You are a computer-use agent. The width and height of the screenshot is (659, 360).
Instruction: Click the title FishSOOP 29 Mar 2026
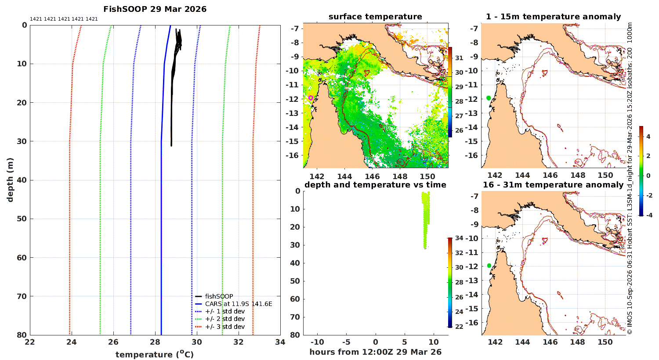coord(155,9)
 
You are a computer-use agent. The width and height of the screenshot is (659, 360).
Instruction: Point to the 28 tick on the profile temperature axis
coord(155,342)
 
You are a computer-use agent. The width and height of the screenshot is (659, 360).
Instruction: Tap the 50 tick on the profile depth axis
coord(22,219)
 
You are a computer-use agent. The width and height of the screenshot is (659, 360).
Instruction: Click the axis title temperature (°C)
coord(155,354)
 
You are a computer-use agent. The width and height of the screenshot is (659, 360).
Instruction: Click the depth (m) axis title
coord(10,180)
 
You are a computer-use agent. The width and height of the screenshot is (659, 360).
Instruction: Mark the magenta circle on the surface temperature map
coord(311,97)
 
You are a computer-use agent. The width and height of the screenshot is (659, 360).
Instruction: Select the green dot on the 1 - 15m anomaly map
coord(489,98)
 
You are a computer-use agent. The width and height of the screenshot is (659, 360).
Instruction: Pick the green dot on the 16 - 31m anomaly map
coord(489,266)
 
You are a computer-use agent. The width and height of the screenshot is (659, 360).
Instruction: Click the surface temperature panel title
coord(375,17)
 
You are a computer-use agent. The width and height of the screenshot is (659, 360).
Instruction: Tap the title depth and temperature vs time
coord(375,184)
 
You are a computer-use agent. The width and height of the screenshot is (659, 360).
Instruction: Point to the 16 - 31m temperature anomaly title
coord(553,184)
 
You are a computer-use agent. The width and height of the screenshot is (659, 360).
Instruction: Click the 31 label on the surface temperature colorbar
coord(459,58)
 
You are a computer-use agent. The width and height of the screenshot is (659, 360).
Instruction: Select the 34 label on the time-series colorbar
coord(459,238)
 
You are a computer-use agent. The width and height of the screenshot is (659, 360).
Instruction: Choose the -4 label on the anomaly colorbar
coord(649,215)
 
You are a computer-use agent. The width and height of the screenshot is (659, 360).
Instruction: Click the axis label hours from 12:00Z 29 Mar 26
coord(375,352)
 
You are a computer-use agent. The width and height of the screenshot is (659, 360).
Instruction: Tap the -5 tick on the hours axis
coord(346,342)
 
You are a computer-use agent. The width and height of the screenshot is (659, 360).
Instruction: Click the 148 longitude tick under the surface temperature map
coord(400,176)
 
